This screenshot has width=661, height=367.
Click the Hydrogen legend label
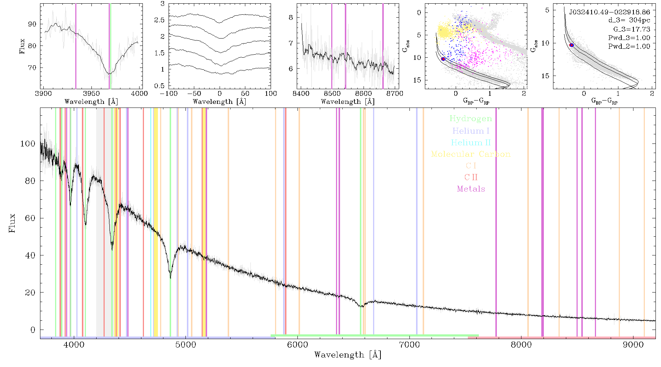[x=470, y=119]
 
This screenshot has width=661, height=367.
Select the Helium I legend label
[x=471, y=131]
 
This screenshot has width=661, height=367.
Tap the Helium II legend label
[x=471, y=142]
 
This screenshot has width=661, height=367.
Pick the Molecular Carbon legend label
[x=471, y=154]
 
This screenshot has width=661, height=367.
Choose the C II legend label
[x=471, y=177]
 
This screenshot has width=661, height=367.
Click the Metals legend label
[x=471, y=189]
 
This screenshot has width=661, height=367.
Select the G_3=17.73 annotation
[x=632, y=29]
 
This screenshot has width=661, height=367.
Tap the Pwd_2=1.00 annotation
[x=629, y=47]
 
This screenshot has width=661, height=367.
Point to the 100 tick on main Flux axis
[x=28, y=143]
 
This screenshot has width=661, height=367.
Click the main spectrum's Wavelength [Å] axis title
[x=348, y=355]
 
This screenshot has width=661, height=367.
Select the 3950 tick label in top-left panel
[x=91, y=93]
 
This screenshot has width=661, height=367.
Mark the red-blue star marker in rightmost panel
[x=571, y=45]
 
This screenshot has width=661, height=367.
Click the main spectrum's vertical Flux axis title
[x=12, y=223]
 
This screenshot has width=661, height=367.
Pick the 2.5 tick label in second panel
[x=159, y=20]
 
